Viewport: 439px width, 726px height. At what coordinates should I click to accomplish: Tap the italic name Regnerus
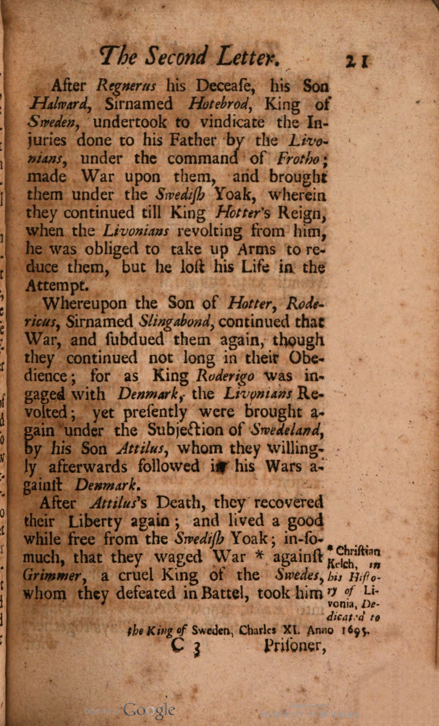tap(126, 87)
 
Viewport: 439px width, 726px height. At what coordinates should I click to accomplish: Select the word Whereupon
tap(84, 304)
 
